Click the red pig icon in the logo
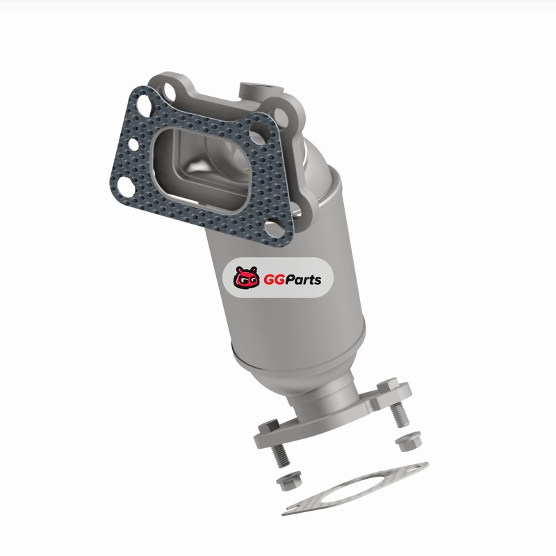point(245,277)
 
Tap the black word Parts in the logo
point(303,280)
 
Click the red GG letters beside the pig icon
point(273,280)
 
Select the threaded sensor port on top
point(261,91)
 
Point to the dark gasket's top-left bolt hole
point(143,104)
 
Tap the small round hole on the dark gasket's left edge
point(133,145)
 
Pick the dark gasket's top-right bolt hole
point(260,131)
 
